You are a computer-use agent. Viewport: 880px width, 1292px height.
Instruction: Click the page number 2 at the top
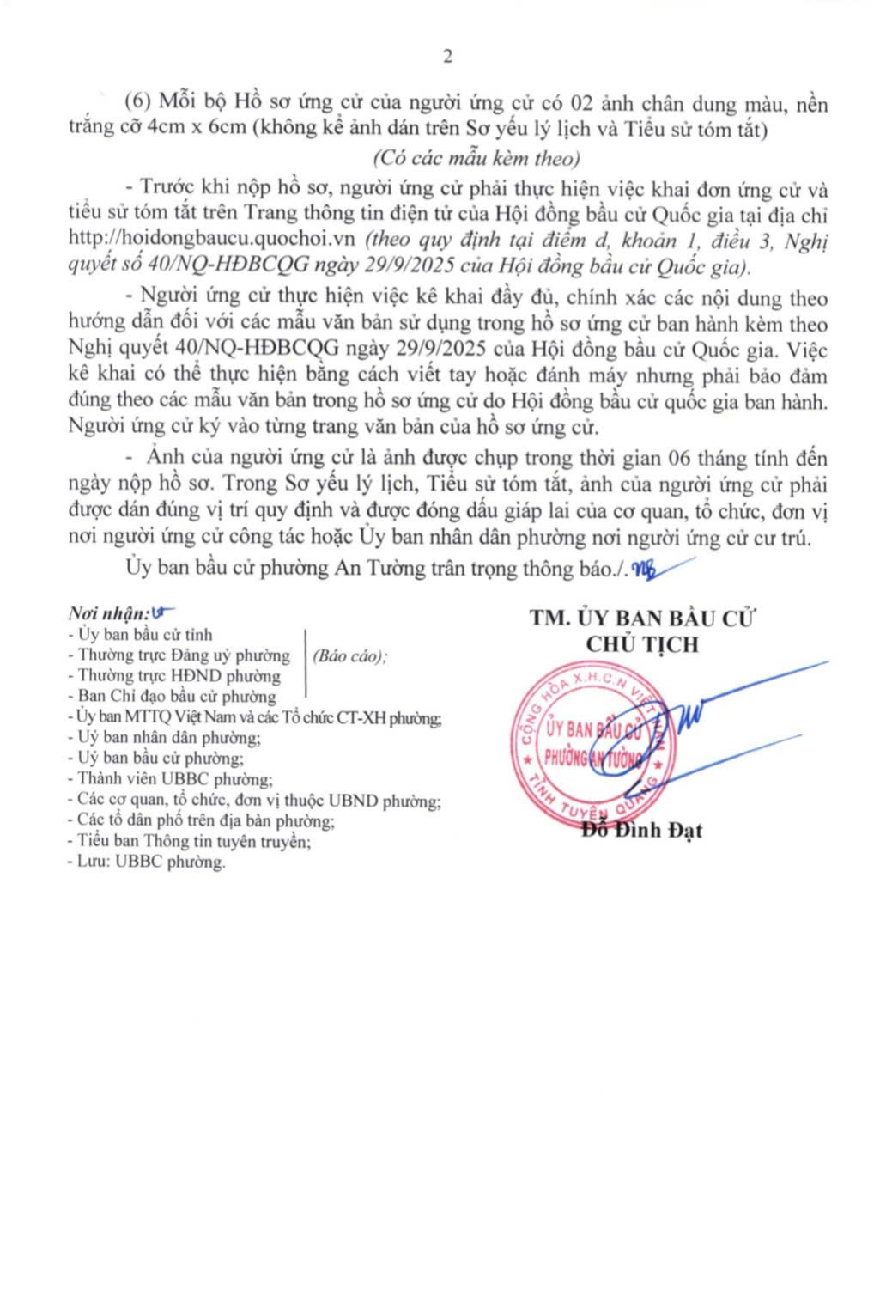tap(447, 57)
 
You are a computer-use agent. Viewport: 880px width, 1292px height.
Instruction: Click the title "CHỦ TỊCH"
tap(641, 643)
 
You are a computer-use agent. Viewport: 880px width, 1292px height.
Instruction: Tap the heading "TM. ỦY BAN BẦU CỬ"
tap(642, 618)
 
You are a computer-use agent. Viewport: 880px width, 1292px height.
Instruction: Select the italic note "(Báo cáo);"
tap(349, 655)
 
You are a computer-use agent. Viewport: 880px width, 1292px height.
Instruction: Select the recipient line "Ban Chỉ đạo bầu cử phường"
tap(174, 697)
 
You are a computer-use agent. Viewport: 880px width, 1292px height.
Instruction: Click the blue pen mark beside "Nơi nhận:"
tap(161, 612)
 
